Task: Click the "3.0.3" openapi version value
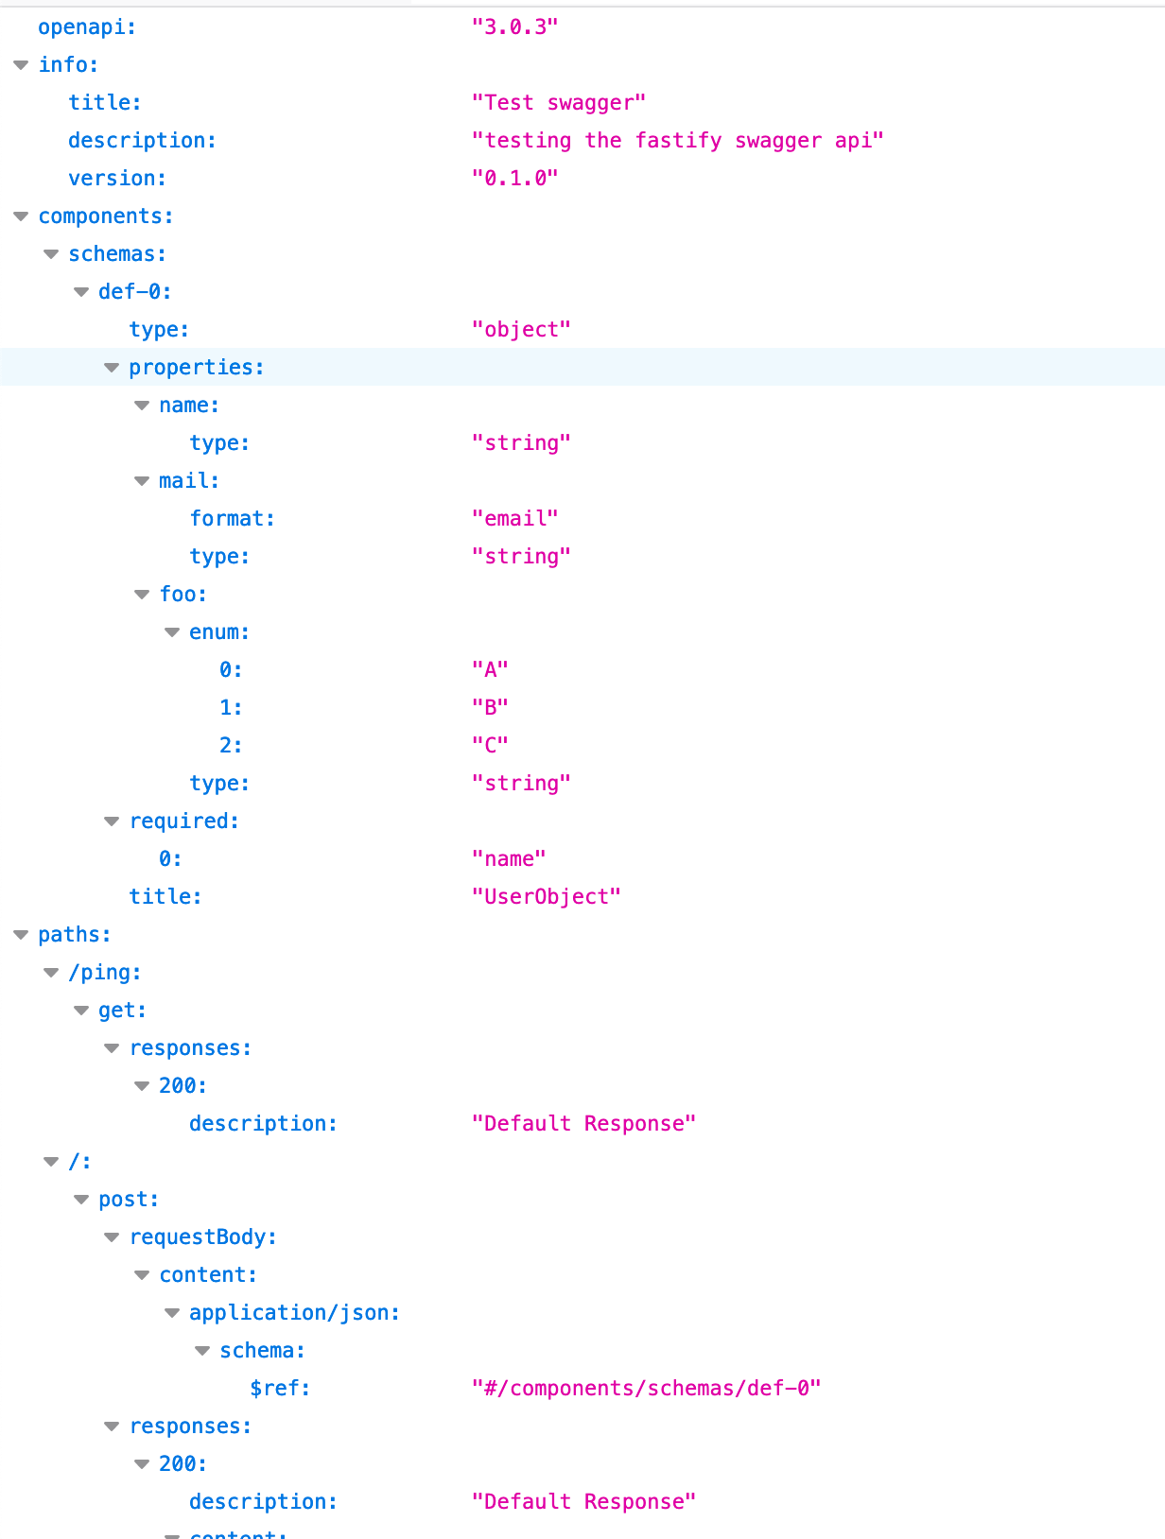point(514,26)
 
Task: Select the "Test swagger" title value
point(558,102)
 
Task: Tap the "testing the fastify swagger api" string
point(677,140)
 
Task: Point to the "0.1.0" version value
point(514,178)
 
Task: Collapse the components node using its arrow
point(21,216)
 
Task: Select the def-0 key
point(133,291)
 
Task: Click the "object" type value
point(521,329)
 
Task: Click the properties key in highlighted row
point(195,367)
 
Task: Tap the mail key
point(187,480)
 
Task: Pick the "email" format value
point(514,518)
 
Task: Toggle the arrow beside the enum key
point(172,632)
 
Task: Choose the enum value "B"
point(490,707)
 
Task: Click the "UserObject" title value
point(546,896)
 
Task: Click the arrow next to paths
point(21,935)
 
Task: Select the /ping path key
point(104,972)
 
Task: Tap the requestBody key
point(201,1236)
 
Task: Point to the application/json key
point(293,1312)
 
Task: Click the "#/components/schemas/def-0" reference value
point(646,1388)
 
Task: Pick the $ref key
point(279,1388)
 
